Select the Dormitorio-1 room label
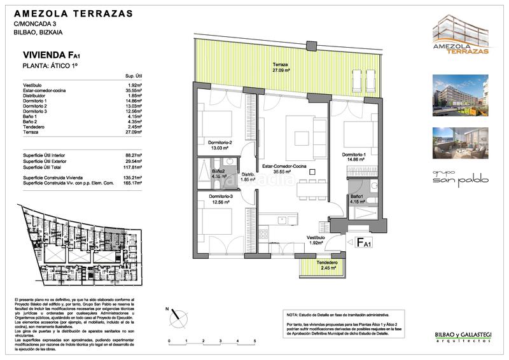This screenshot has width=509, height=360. tap(353, 156)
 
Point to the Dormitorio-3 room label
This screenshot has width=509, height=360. tap(220, 199)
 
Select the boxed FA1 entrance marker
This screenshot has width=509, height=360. tap(363, 242)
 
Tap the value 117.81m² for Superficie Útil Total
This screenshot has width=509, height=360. tap(132, 168)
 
